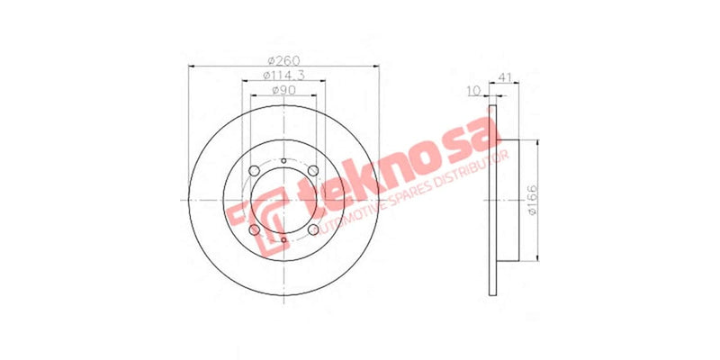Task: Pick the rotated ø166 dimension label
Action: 532,200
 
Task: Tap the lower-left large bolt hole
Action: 254,231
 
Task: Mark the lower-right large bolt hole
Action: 313,231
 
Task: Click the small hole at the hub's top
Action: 283,162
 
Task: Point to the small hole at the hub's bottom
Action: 283,241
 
